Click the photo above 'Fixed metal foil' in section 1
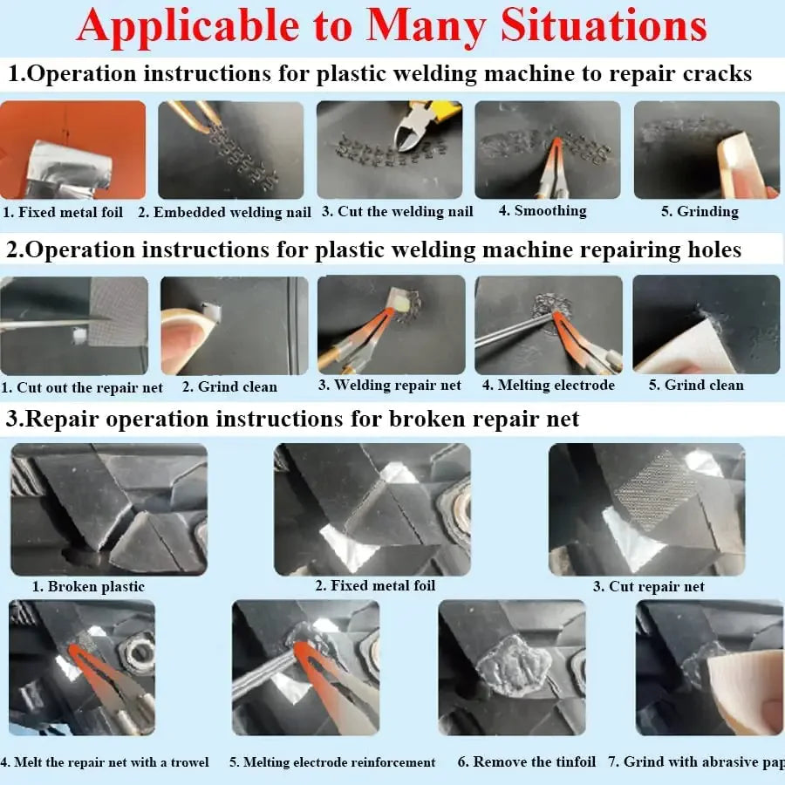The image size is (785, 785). pos(73,150)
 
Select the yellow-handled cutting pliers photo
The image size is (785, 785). pos(389,149)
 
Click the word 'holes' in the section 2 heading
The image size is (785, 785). pos(706,250)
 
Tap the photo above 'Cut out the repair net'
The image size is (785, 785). pos(73,325)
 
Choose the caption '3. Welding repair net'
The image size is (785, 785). pos(390,386)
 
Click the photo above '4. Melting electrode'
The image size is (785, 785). pos(548,324)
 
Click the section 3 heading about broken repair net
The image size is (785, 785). pos(293,420)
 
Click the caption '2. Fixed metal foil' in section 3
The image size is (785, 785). pos(375,586)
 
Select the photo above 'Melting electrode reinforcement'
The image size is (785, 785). pos(305,667)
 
